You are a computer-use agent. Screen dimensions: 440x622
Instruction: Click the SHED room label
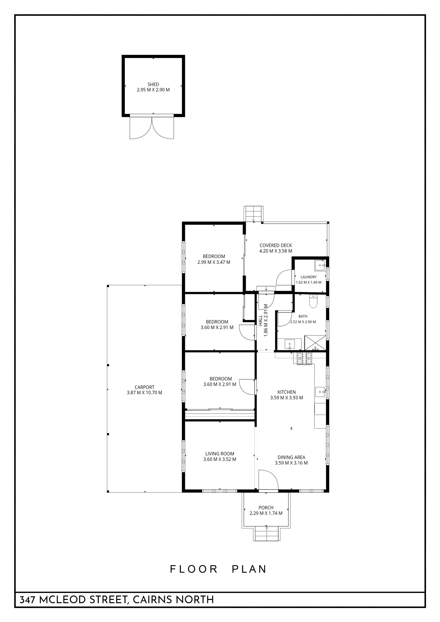click(153, 85)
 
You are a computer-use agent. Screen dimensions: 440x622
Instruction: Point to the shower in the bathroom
click(315, 343)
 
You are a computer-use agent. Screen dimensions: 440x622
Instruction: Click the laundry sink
click(320, 266)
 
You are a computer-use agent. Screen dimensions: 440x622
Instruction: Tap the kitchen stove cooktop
click(305, 359)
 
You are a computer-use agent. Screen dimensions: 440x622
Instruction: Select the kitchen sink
click(321, 392)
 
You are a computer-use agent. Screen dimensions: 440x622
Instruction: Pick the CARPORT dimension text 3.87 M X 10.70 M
click(144, 392)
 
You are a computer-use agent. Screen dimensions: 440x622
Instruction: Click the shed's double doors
click(152, 127)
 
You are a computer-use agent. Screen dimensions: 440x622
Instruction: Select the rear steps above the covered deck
click(254, 214)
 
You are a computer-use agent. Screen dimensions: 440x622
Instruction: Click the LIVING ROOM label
click(220, 454)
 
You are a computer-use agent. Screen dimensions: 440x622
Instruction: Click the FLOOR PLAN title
click(218, 569)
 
